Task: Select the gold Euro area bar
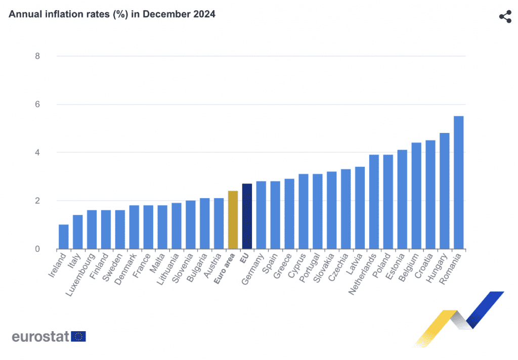[x=233, y=220]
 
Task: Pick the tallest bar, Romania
[x=458, y=183]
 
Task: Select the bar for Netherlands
[x=374, y=202]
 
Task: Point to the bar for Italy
[x=78, y=232]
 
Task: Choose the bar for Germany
[x=261, y=215]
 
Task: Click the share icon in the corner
[x=505, y=17]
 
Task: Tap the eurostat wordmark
[x=40, y=337]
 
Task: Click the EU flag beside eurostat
[x=79, y=337]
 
